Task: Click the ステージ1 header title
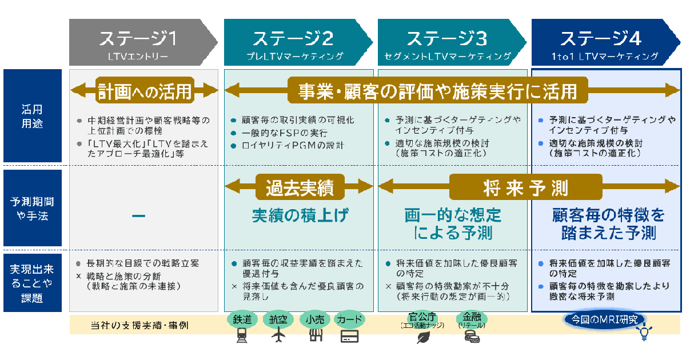[138, 38]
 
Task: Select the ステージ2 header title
[293, 38]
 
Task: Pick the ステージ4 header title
[601, 38]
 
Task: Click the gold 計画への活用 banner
[144, 90]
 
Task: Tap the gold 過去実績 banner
[299, 187]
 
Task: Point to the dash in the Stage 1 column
[138, 215]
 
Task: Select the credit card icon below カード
[349, 336]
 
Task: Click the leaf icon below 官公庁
[424, 337]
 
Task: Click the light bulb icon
[645, 333]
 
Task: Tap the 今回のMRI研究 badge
[604, 319]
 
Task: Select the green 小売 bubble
[315, 319]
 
